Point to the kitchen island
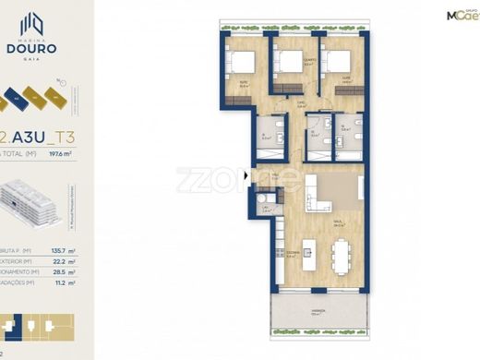tap(307, 251)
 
